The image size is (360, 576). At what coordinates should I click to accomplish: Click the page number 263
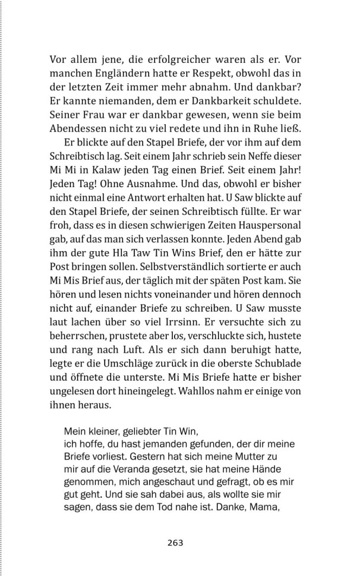(x=175, y=542)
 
